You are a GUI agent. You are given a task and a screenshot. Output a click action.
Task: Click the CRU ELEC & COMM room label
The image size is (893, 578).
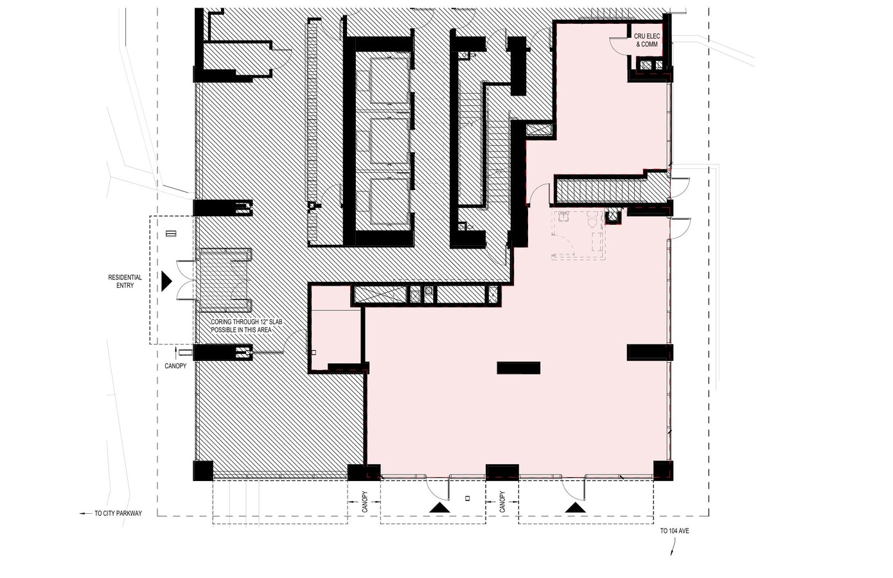pos(647,40)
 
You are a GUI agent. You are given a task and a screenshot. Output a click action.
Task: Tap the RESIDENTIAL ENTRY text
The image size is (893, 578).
pos(125,281)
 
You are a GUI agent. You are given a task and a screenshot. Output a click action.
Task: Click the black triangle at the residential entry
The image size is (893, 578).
pos(166,281)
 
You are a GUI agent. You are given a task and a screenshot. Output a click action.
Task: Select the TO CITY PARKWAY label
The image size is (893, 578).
pos(118,513)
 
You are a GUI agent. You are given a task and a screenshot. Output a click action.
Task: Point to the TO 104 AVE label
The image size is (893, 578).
pos(675,531)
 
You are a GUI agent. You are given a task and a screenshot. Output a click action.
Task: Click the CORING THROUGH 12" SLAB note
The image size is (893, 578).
pos(247,326)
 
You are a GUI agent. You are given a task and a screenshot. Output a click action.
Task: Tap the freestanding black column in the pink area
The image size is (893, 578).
pos(518,368)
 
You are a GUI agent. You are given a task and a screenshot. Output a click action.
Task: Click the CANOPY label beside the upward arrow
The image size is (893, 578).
pos(175,366)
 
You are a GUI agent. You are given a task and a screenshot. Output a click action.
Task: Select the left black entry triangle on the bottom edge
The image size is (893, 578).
pos(439,507)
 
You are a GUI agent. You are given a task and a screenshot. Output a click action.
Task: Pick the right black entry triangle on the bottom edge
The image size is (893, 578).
pos(575,507)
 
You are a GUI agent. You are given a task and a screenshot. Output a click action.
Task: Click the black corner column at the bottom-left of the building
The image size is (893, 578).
pos(203,471)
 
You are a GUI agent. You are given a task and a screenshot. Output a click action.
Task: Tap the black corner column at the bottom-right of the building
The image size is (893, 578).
pos(664,471)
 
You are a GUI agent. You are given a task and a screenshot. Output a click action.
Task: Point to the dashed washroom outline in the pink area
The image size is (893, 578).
pos(578,235)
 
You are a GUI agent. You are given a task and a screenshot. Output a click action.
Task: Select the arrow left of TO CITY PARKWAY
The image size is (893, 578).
pos(85,513)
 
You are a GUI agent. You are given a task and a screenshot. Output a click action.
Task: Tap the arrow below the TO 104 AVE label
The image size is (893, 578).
pos(673,547)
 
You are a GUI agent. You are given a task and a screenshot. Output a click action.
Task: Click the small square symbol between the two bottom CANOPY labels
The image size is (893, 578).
pos(468,498)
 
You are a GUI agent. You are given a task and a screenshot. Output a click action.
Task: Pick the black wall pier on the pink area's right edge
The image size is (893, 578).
pos(650,353)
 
